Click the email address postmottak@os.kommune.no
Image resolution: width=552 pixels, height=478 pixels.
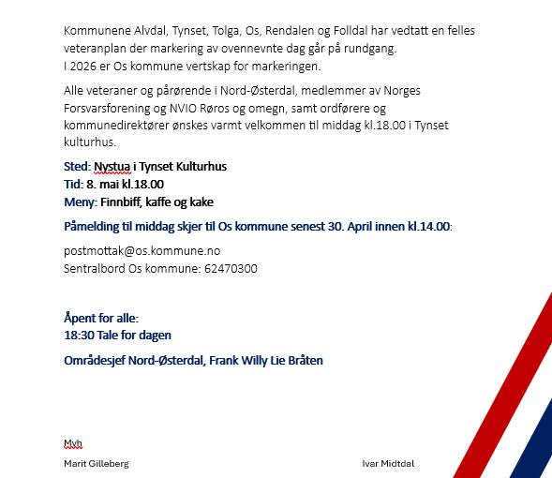pyautogui.click(x=142, y=251)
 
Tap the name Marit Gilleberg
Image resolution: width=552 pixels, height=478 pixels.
pyautogui.click(x=96, y=464)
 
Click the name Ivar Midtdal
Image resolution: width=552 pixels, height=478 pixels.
pyautogui.click(x=388, y=464)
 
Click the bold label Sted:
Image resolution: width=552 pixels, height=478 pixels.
pyautogui.click(x=77, y=167)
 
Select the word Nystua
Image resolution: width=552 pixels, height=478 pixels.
pyautogui.click(x=114, y=167)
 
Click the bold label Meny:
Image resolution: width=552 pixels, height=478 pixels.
pyautogui.click(x=80, y=202)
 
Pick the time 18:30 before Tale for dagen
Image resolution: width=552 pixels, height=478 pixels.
pyautogui.click(x=78, y=335)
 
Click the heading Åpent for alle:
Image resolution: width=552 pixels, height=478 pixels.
pyautogui.click(x=101, y=318)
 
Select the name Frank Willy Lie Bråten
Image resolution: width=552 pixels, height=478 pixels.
pyautogui.click(x=266, y=361)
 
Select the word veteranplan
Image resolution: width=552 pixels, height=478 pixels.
pyautogui.click(x=96, y=49)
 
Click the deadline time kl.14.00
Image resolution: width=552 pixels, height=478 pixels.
pyautogui.click(x=429, y=228)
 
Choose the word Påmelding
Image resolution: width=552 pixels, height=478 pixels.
pyautogui.click(x=94, y=228)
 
